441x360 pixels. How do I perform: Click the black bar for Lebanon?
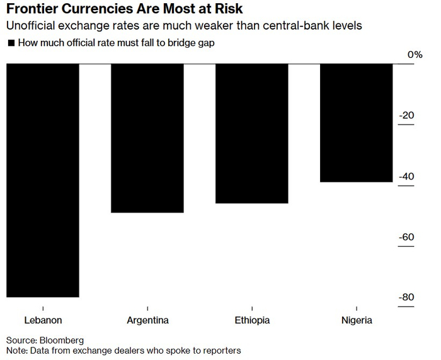coord(43,181)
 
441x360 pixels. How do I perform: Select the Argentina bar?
coord(147,138)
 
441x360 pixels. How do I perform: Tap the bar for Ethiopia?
coord(252,133)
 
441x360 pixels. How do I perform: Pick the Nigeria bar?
coord(357,123)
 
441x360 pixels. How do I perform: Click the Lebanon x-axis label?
coord(43,320)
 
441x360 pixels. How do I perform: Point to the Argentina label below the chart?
coord(147,320)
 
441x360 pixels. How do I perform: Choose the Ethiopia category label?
coord(252,320)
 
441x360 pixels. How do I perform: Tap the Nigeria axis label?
coord(357,320)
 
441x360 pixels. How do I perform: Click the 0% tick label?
coord(415,55)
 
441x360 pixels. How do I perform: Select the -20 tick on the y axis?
coord(406,115)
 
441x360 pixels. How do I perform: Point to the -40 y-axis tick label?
coord(406,176)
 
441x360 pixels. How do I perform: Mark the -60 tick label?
coord(406,237)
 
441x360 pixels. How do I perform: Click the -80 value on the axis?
coord(406,297)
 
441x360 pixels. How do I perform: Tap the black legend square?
coord(11,43)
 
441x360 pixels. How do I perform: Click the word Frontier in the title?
coord(31,9)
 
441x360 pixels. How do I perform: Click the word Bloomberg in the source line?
coord(62,340)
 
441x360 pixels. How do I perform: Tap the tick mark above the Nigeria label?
coord(357,308)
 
